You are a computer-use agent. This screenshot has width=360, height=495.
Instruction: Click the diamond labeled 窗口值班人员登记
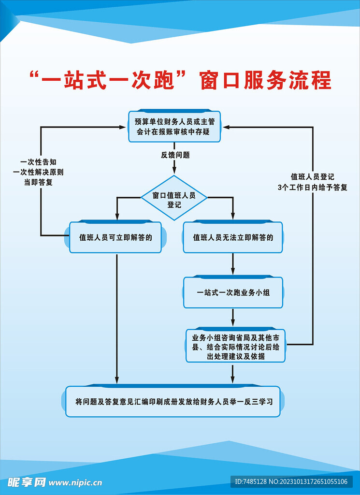(174, 198)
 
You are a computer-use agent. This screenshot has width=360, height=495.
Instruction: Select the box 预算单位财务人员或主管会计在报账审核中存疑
(174, 127)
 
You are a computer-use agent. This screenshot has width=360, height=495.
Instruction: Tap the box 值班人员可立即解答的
(115, 237)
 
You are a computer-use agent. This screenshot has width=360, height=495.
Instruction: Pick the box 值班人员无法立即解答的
(233, 237)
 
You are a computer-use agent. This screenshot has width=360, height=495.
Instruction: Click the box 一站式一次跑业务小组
(233, 292)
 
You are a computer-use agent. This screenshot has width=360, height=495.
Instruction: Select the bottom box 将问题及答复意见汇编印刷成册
(173, 402)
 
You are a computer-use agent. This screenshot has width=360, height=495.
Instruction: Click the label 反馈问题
(175, 155)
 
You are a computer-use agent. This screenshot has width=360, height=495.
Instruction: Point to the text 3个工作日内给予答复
(312, 187)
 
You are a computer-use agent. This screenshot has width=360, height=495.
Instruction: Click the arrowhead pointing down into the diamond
(174, 170)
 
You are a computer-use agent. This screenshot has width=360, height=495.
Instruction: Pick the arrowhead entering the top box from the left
(122, 127)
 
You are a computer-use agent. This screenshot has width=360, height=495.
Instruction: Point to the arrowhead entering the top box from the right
(226, 127)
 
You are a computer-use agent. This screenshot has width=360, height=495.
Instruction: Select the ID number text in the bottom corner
(291, 481)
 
